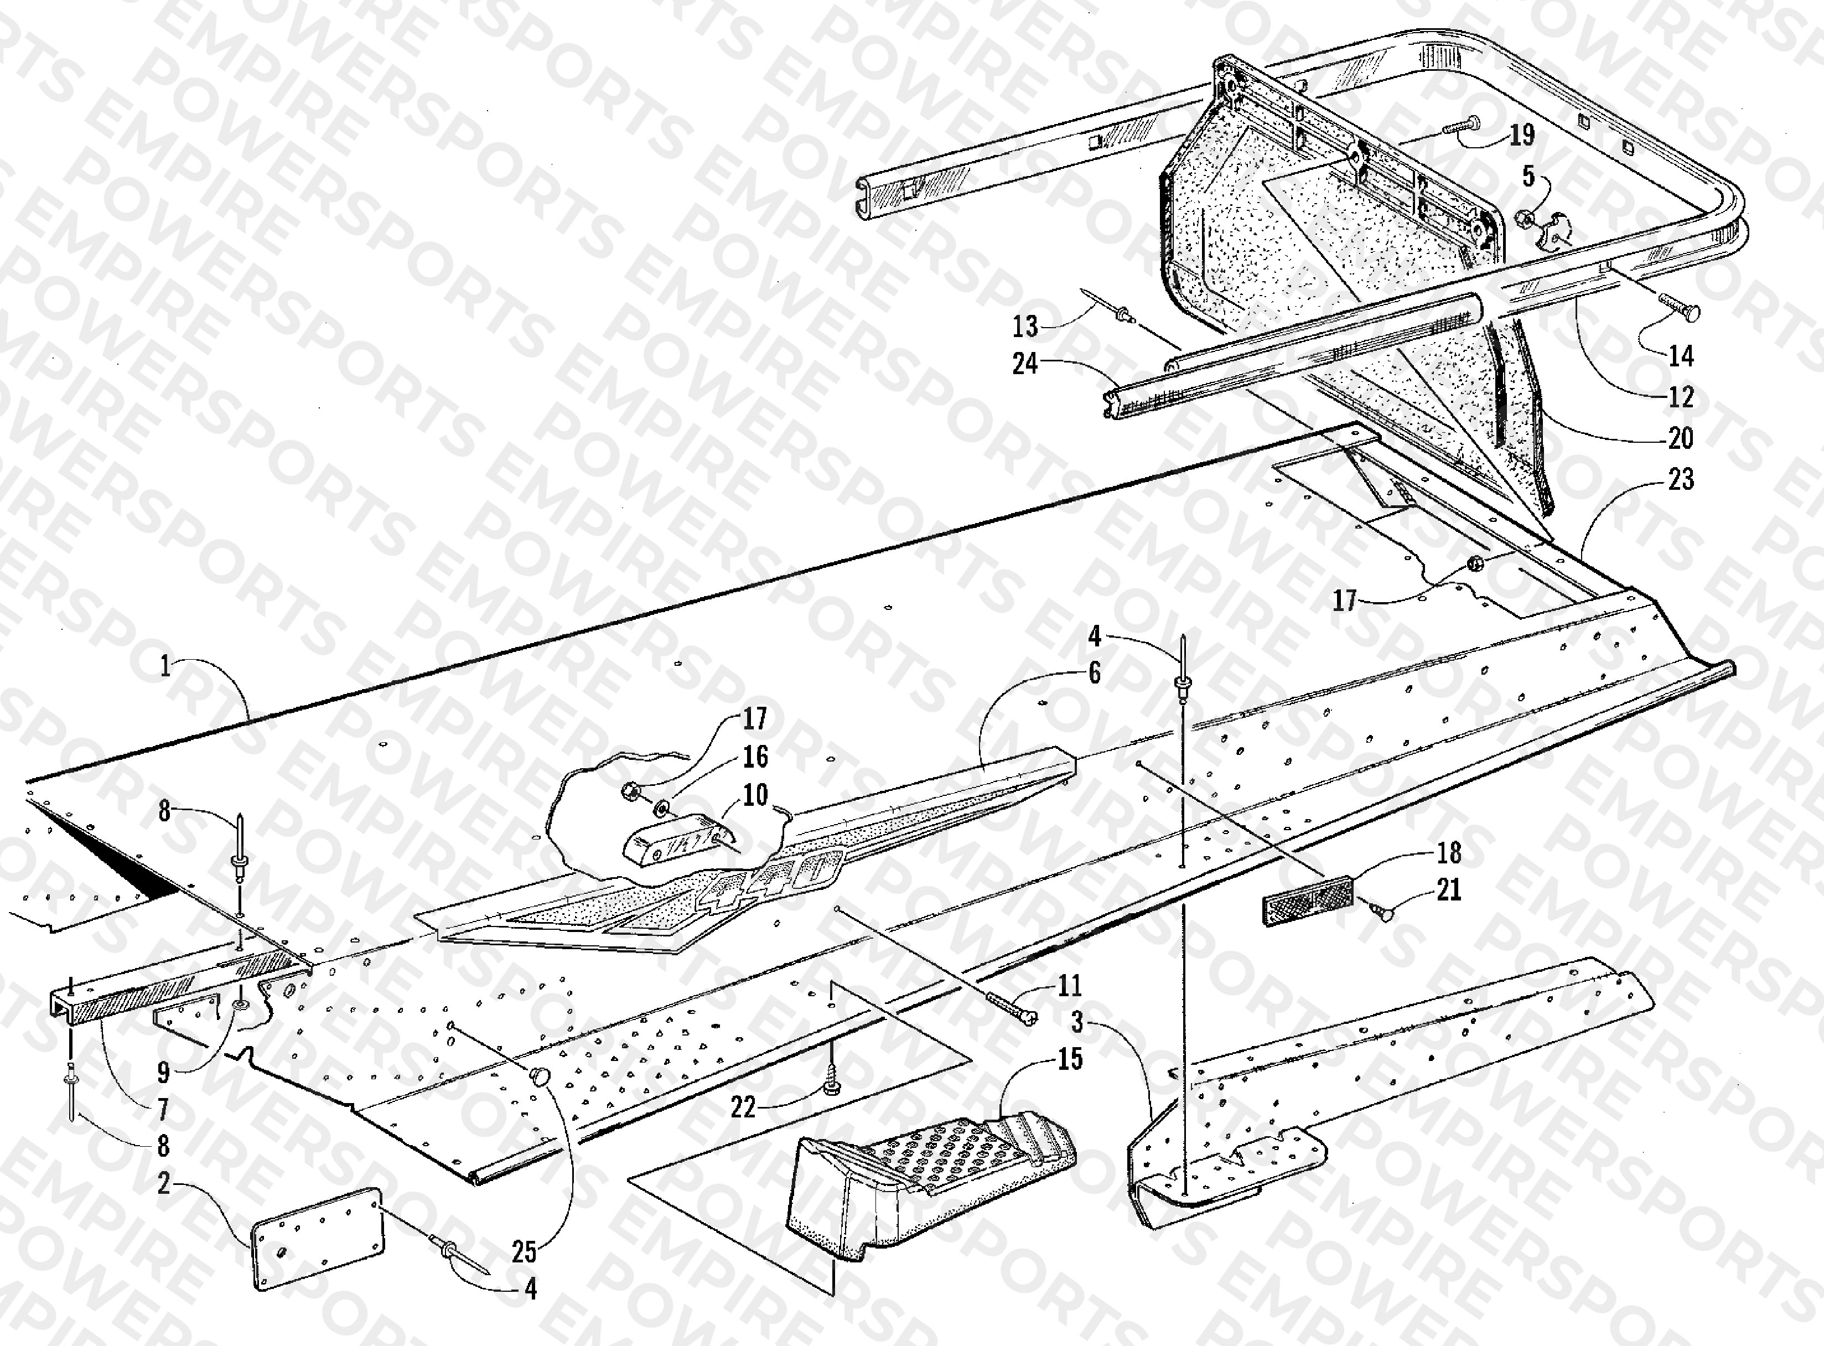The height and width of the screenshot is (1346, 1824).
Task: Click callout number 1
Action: (166, 666)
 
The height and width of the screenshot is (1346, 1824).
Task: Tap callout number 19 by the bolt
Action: (1521, 134)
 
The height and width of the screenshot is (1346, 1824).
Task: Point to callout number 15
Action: (1070, 1059)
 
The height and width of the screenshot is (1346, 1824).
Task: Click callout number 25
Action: (525, 1251)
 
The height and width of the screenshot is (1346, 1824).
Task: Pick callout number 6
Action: (1094, 672)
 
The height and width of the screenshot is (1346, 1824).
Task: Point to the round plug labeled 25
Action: (540, 1076)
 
